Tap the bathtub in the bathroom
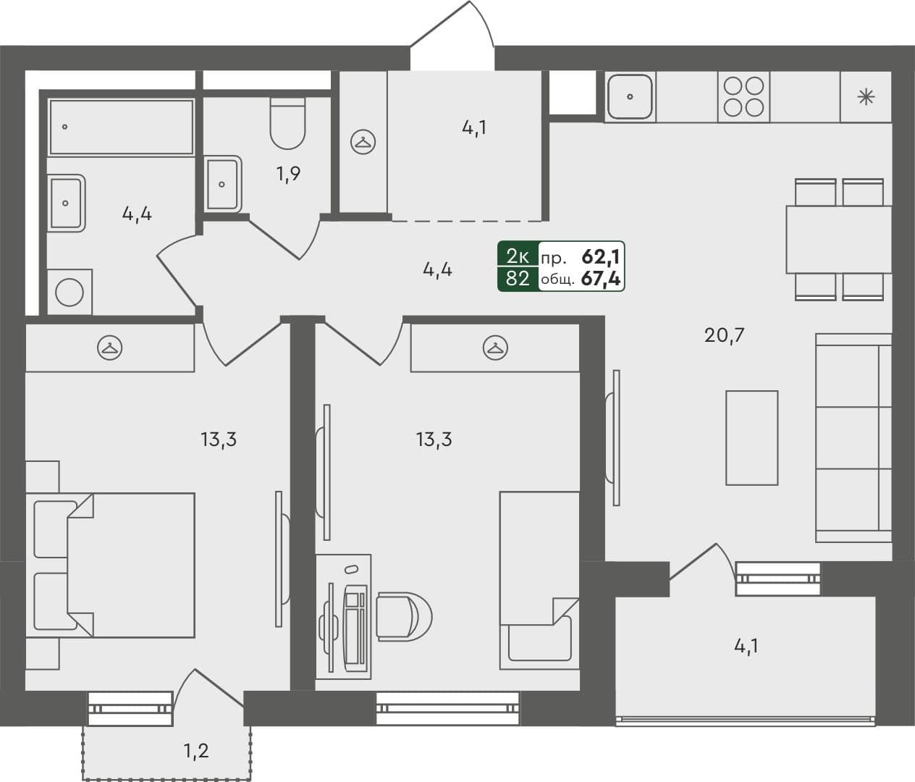(x=121, y=127)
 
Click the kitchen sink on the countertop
(x=630, y=96)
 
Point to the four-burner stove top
(x=744, y=96)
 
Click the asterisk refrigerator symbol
(x=866, y=97)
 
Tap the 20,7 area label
(x=725, y=335)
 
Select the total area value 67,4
(x=601, y=279)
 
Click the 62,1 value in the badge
(x=601, y=256)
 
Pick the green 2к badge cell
(x=518, y=256)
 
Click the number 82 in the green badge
(x=518, y=279)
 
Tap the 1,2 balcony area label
(x=195, y=750)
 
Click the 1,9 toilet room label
(x=287, y=174)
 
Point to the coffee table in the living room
(x=751, y=437)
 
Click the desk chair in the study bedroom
(x=402, y=615)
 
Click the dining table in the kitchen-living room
(x=838, y=239)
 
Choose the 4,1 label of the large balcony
(x=746, y=646)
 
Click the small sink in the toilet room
(x=222, y=183)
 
